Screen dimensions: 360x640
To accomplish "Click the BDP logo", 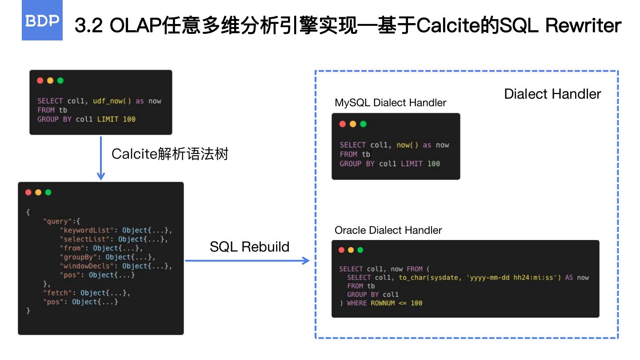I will click(42, 21).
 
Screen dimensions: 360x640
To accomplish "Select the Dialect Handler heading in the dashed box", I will click(552, 94).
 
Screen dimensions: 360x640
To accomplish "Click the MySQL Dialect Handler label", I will click(390, 103).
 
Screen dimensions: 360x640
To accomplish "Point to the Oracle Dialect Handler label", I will click(388, 230).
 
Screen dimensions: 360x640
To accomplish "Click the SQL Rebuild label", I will click(249, 247).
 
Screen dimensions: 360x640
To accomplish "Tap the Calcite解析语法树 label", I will click(170, 154).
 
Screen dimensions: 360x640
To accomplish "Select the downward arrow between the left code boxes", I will click(101, 158).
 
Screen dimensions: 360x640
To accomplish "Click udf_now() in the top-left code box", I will click(112, 101).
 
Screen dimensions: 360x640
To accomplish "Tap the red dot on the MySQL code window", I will click(342, 124).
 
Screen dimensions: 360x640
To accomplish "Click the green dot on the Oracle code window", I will click(360, 250).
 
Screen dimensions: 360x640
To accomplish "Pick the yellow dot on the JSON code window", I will click(38, 192).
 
